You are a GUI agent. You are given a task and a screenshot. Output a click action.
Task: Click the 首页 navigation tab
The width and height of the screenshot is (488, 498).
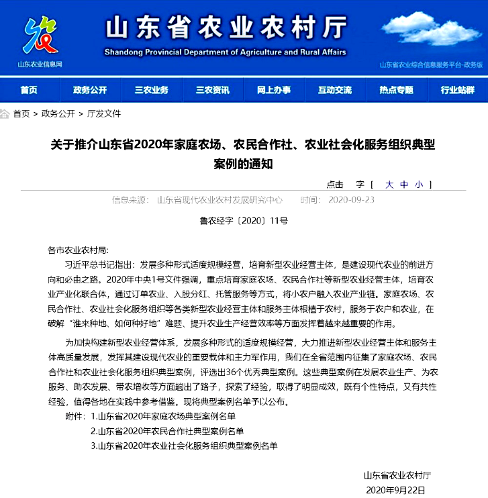click(x=29, y=90)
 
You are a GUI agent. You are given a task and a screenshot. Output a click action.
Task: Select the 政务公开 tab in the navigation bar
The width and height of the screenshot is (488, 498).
click(x=90, y=90)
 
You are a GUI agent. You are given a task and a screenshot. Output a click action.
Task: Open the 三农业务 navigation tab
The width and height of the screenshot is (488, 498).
click(x=151, y=90)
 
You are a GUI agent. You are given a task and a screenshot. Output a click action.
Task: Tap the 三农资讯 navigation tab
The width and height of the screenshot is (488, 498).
click(x=212, y=90)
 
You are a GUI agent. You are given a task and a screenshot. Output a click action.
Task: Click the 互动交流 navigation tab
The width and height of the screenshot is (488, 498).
click(x=334, y=90)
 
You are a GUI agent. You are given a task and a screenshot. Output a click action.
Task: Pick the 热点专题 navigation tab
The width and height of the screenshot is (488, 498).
click(x=396, y=90)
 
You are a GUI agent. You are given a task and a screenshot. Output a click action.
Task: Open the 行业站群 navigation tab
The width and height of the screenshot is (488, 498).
click(x=457, y=90)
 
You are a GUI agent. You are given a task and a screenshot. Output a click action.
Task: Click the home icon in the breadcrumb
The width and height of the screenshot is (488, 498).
click(x=5, y=114)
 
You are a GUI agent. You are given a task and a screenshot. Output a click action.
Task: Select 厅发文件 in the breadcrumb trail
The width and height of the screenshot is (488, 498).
click(x=104, y=114)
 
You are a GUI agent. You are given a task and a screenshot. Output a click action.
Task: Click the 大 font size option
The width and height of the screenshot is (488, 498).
click(x=389, y=185)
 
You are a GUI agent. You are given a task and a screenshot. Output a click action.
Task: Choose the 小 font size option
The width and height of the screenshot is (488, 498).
click(x=419, y=185)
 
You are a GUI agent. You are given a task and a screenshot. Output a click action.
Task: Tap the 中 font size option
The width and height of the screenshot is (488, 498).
click(x=404, y=185)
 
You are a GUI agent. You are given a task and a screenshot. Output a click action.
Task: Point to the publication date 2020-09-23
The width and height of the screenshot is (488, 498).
click(x=352, y=200)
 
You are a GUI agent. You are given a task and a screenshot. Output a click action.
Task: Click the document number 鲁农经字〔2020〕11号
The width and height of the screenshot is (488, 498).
click(x=244, y=220)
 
